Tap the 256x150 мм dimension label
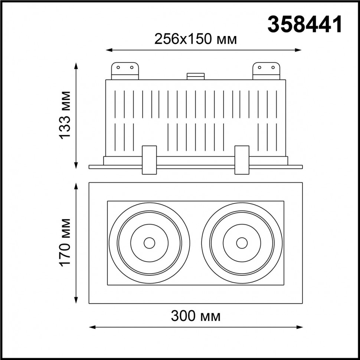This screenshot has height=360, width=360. [x=196, y=39]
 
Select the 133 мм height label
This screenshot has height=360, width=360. [x=65, y=115]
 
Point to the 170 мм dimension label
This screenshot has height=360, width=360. [x=65, y=243]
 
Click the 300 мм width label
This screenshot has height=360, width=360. [x=196, y=316]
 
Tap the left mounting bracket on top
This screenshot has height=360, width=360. [x=125, y=71]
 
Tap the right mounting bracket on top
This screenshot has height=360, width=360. [x=266, y=71]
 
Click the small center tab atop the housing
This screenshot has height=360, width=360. [x=196, y=76]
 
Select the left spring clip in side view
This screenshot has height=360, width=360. [x=149, y=160]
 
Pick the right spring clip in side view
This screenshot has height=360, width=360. [x=242, y=160]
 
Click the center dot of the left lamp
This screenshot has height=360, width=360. [x=149, y=243]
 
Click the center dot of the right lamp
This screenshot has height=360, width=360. [x=242, y=243]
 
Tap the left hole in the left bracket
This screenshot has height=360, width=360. [x=118, y=68]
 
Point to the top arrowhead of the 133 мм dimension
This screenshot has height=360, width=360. [x=77, y=65]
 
